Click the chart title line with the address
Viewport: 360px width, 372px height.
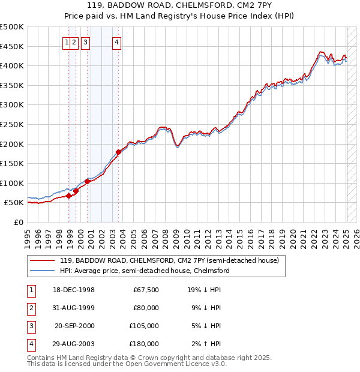(x=179, y=7)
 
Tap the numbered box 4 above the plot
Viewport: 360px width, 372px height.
(x=116, y=42)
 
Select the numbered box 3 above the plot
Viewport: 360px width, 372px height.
(x=86, y=42)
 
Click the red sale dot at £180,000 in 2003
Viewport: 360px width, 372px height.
(x=119, y=152)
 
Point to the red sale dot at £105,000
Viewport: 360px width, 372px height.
(x=88, y=181)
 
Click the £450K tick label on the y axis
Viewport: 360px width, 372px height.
(x=12, y=46)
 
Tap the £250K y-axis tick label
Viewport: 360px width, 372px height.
(x=12, y=124)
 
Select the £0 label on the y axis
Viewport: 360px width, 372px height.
(x=19, y=222)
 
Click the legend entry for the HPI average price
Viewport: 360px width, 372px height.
(x=145, y=271)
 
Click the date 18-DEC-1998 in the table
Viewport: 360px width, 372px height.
(x=74, y=290)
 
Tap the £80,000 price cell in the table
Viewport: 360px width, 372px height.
(x=146, y=308)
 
